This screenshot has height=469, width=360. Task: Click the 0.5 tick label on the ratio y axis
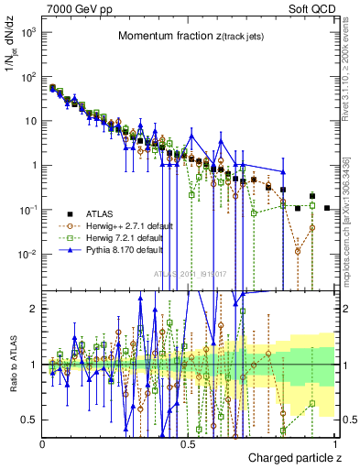point(31,420)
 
